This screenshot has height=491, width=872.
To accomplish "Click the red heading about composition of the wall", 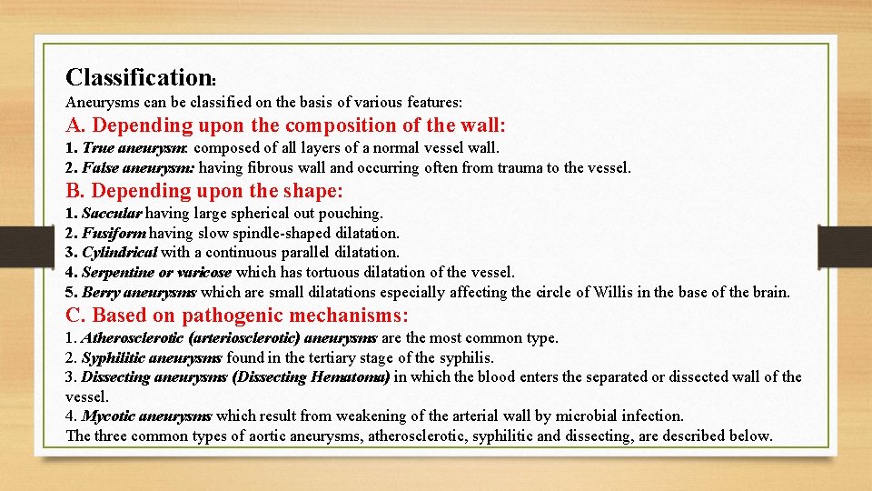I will pyautogui.click(x=285, y=125).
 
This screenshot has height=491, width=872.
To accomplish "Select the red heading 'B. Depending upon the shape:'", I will pyautogui.click(x=204, y=191).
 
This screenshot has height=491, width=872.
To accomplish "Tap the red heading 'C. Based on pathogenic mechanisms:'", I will pyautogui.click(x=237, y=316).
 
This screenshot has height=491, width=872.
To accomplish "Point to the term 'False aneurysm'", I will pyautogui.click(x=138, y=167).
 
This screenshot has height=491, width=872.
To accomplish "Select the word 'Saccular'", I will pyautogui.click(x=112, y=214).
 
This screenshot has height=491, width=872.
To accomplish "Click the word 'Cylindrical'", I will pyautogui.click(x=119, y=253).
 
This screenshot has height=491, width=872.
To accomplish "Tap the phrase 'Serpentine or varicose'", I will pyautogui.click(x=156, y=272).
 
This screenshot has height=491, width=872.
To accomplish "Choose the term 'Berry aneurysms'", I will pyautogui.click(x=139, y=293).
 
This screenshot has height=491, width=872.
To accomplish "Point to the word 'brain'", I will pyautogui.click(x=770, y=293).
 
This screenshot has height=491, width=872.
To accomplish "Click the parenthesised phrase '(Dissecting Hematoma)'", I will pyautogui.click(x=312, y=376).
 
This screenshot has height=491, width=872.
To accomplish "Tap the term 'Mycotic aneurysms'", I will pyautogui.click(x=146, y=416).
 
